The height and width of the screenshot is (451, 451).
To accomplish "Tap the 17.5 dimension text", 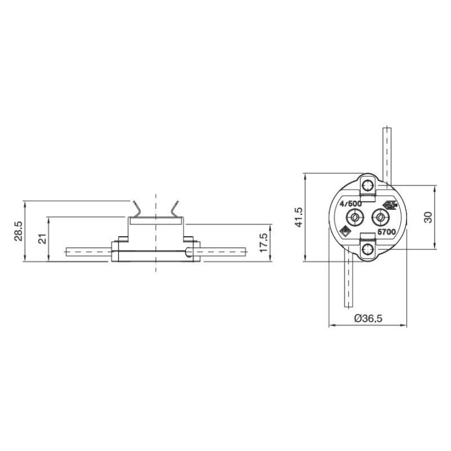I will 264,242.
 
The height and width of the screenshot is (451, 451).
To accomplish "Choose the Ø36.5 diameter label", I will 368,318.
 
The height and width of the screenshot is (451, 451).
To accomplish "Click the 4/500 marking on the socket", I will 350,204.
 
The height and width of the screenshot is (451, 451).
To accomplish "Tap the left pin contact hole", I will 355,217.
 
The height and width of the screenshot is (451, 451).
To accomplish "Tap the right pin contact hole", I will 380,217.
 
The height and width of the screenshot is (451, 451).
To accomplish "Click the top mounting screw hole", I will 368,185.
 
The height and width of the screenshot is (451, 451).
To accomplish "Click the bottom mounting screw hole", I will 368,250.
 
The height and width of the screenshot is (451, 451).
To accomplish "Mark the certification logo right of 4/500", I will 390,205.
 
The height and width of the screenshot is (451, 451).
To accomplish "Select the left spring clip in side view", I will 137,209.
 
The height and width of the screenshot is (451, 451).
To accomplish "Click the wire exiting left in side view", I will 88,252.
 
